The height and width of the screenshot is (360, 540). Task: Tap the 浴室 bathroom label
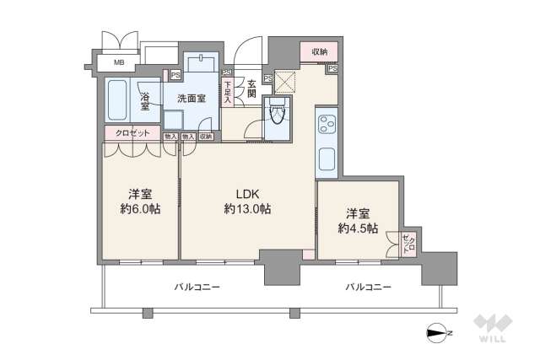145,100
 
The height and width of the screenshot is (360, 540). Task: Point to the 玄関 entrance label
251,88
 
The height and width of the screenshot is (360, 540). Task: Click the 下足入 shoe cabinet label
228,92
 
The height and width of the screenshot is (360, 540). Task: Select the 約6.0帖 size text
139,208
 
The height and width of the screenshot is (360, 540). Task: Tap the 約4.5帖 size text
358,228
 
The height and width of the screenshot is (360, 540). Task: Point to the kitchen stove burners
326,126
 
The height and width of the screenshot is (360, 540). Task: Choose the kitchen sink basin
326,157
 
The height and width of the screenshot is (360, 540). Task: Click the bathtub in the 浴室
117,100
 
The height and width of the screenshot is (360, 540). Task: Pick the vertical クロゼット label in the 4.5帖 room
408,244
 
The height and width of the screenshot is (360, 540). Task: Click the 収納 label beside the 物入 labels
207,136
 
